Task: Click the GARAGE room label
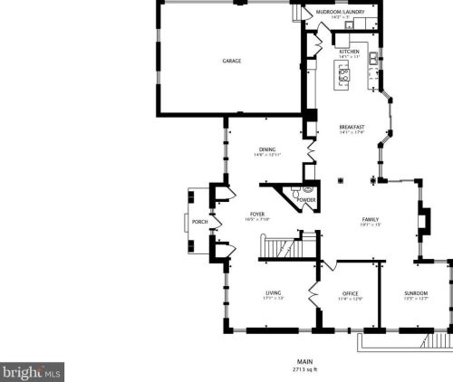click(232, 61)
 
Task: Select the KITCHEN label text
click(349, 53)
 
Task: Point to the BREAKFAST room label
click(352, 127)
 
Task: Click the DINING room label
click(267, 150)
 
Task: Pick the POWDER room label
click(306, 199)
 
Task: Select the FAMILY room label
click(371, 220)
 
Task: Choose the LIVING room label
click(274, 292)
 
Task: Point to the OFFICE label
click(351, 294)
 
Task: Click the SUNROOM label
click(416, 294)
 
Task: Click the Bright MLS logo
click(31, 371)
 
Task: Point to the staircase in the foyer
click(281, 246)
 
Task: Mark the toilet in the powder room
click(306, 190)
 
